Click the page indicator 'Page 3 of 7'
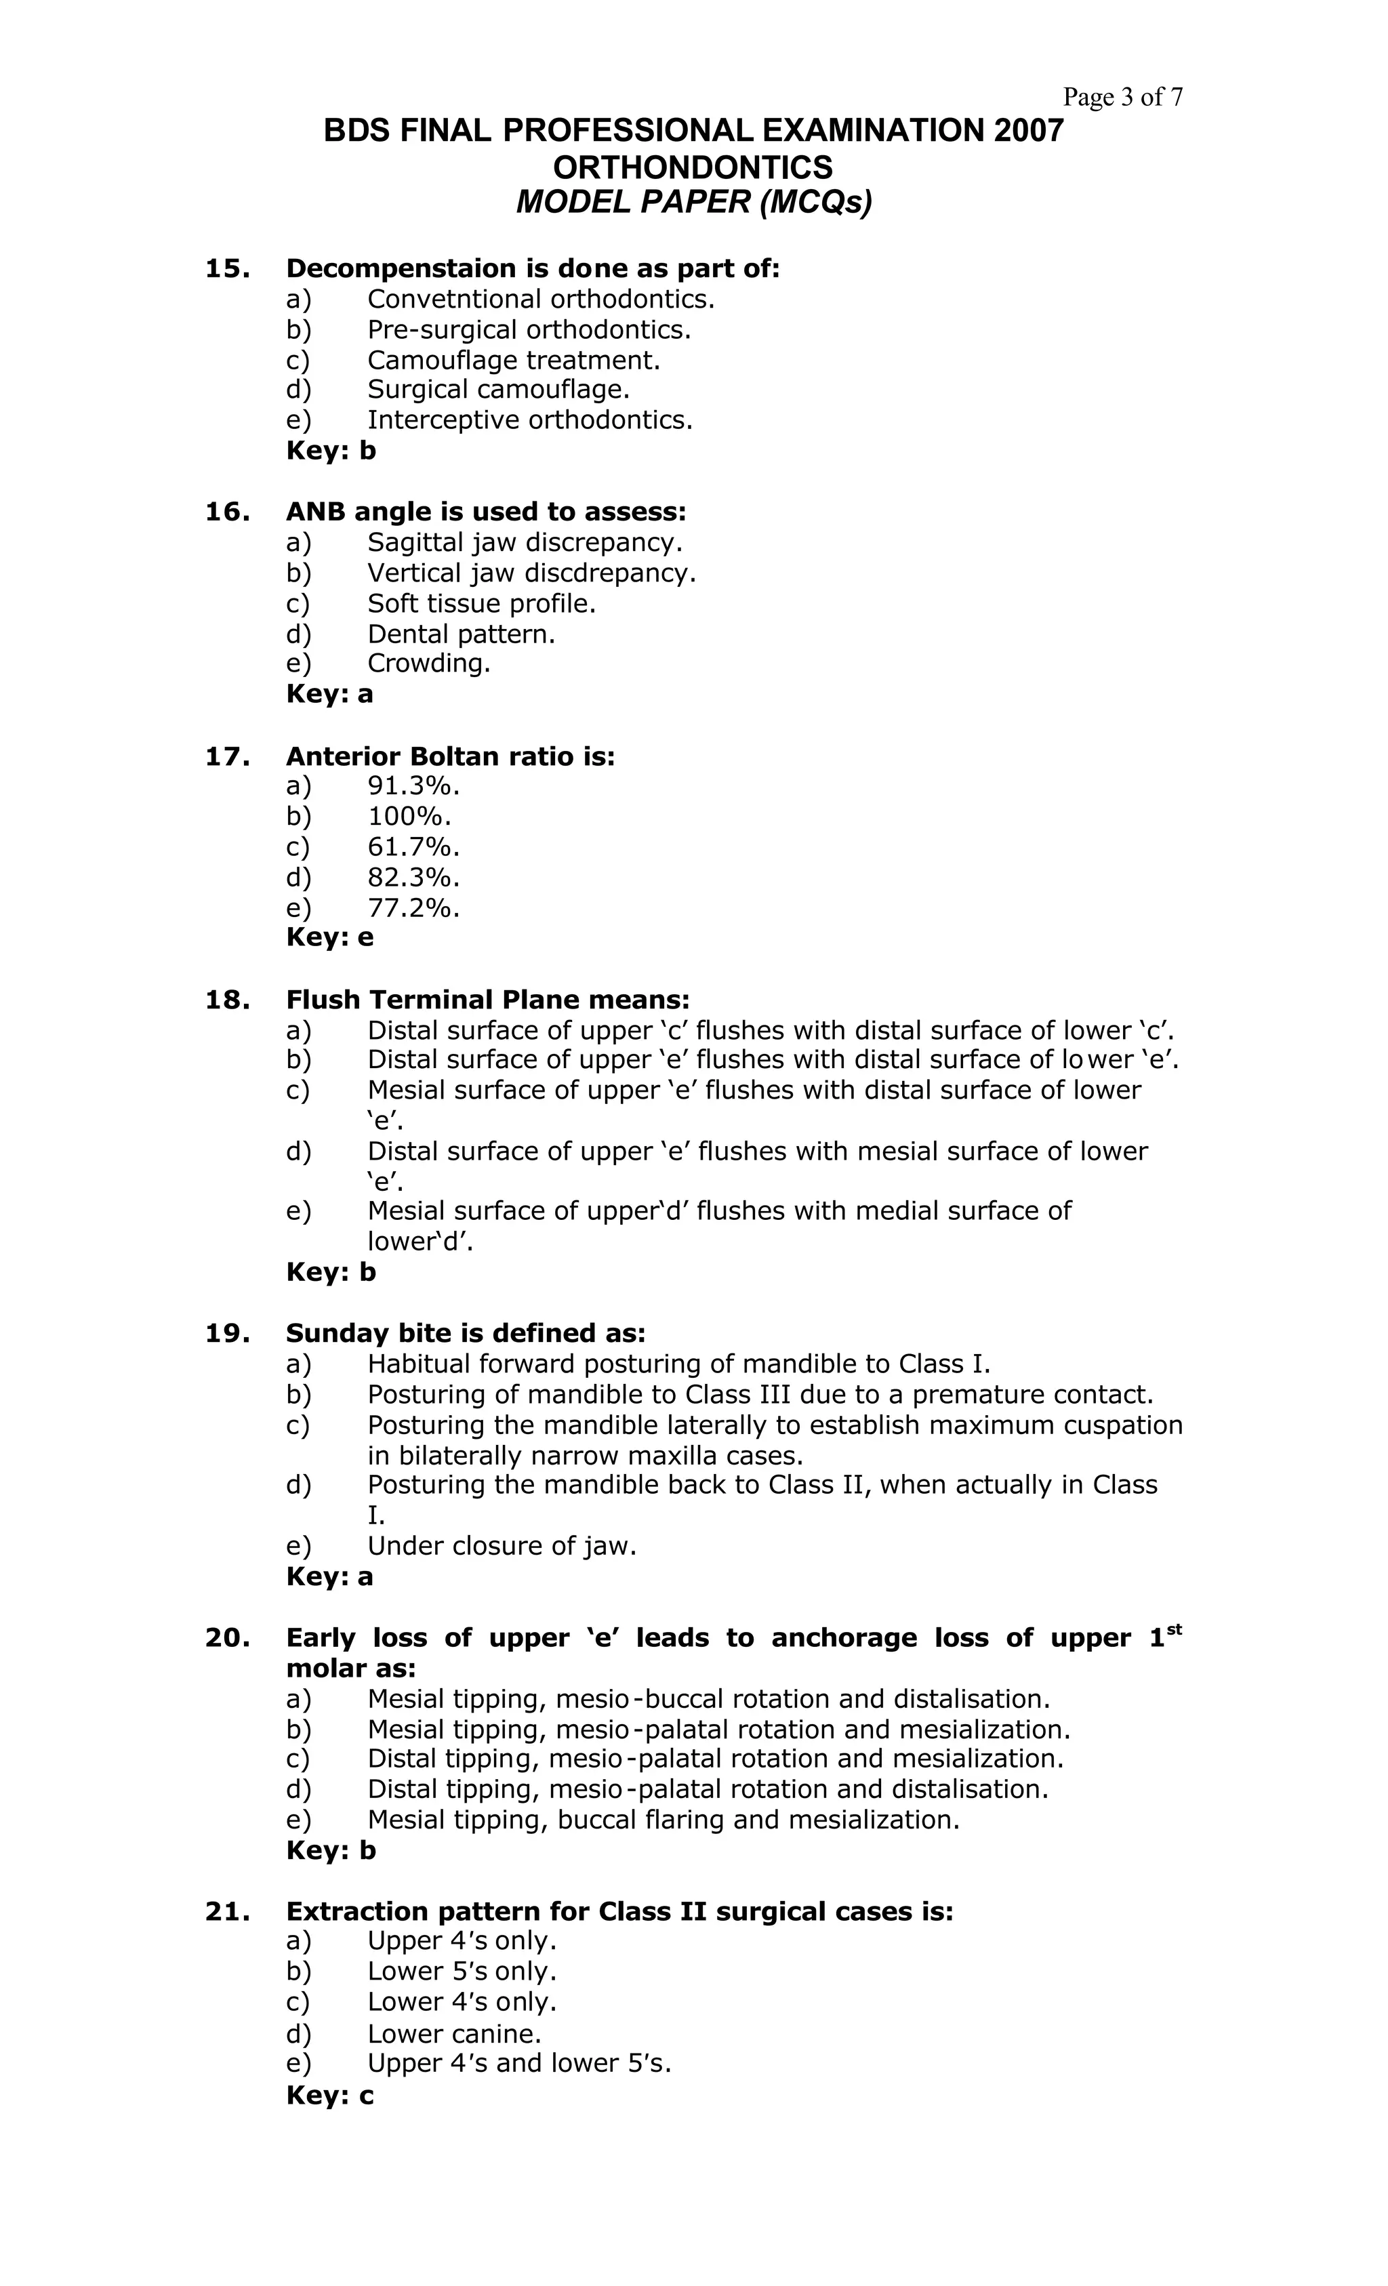1122,96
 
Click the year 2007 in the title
1028,131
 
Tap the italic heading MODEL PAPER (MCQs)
693,202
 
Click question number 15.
227,268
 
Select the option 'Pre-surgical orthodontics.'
529,329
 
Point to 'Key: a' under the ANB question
329,694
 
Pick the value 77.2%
414,907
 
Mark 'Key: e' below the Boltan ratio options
329,937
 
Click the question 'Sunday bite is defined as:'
466,1333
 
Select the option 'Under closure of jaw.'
502,1546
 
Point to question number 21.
227,1911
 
